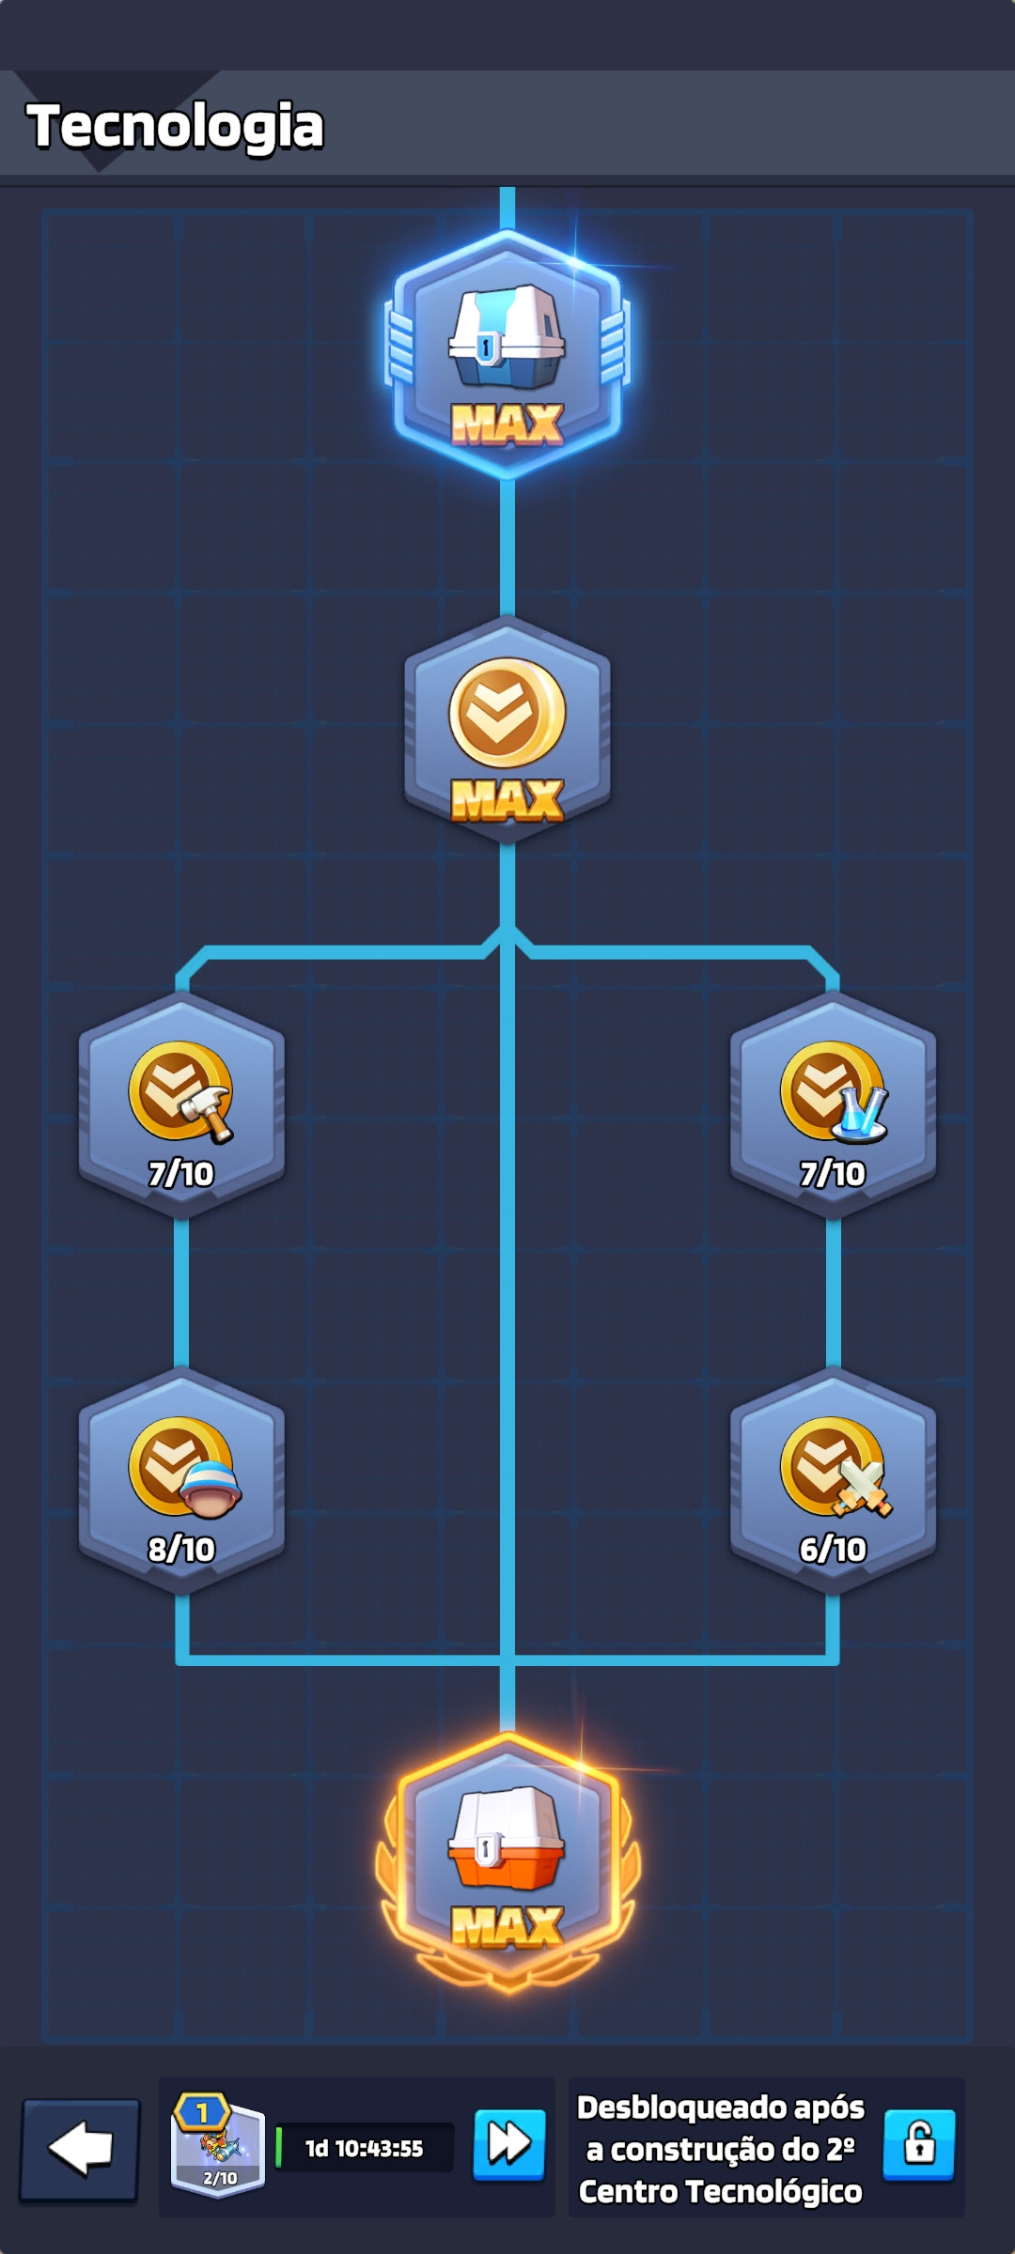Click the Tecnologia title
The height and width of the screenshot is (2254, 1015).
coord(175,127)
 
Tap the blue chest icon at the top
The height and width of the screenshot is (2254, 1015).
coord(507,336)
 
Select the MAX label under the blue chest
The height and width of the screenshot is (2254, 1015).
coord(507,425)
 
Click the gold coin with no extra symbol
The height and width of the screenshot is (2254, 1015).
coord(507,713)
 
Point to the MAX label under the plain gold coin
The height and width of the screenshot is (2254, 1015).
coord(507,801)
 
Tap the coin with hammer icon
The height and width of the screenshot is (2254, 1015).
coord(181,1092)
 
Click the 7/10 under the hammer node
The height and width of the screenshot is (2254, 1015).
coord(181,1174)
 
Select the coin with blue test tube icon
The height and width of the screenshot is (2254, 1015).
coord(834,1092)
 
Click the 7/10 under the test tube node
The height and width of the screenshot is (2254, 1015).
coord(833,1174)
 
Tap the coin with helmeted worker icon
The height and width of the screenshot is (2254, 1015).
coord(184,1468)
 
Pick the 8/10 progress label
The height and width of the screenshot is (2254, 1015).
coord(181,1550)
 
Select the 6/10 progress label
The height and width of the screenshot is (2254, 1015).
coord(833,1550)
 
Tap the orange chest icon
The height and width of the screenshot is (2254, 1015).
coord(507,1838)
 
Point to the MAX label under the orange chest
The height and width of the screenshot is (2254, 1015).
coord(507,1927)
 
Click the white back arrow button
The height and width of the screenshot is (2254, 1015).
coord(80,2149)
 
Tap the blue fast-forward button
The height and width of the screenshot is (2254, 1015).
coord(509,2145)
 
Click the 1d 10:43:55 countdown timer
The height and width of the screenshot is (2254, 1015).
coord(365,2149)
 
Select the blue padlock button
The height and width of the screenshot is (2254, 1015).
coord(919,2145)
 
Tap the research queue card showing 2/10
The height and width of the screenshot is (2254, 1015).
coord(218,2146)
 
